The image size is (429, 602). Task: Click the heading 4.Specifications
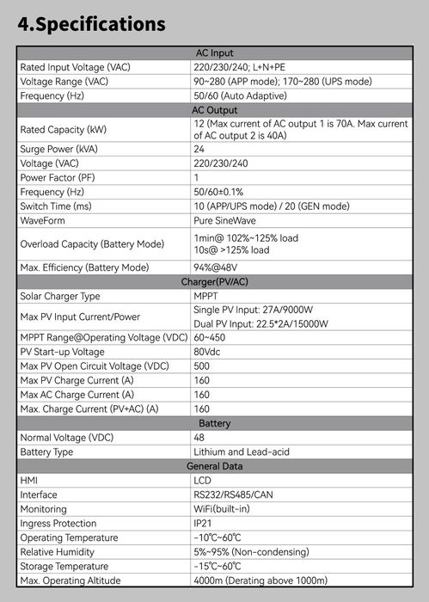click(x=91, y=23)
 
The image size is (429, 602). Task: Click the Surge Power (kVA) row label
click(x=61, y=149)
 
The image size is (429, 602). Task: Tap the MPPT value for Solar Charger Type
click(x=205, y=296)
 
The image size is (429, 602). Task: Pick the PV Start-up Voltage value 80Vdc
click(x=209, y=352)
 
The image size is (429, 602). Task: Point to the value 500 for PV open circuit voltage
click(x=202, y=366)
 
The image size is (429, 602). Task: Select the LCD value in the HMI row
click(x=203, y=481)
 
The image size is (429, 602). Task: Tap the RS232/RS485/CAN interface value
click(x=234, y=495)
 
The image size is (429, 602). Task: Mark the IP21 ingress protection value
click(x=204, y=523)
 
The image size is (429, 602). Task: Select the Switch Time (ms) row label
click(x=55, y=206)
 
